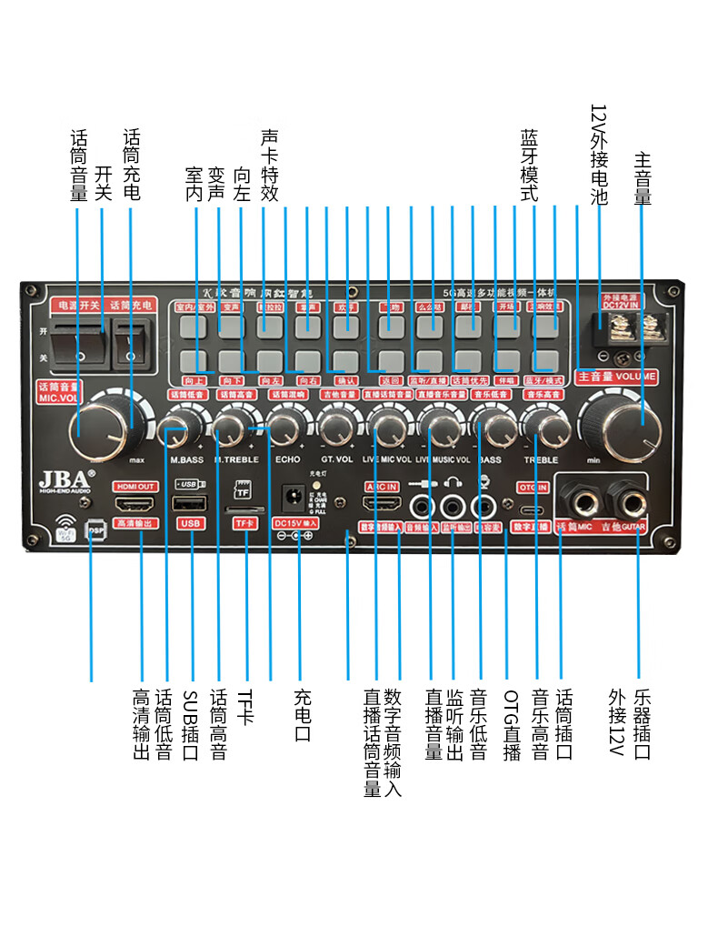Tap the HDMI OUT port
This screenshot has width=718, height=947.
coord(135,503)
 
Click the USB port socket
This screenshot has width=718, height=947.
coord(190,503)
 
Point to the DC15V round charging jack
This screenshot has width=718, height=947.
coord(293,497)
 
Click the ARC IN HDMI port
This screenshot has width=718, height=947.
coord(381,503)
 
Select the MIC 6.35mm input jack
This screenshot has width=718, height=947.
coord(579,498)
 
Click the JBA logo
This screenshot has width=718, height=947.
coord(63,479)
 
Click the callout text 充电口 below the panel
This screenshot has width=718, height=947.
coord(303,715)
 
